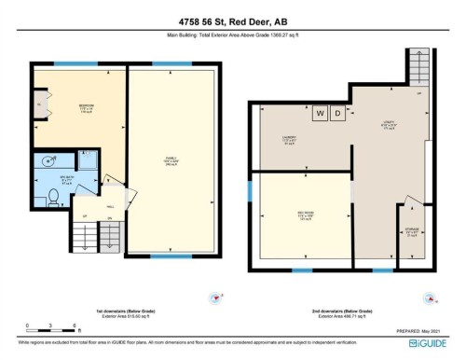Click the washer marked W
320,113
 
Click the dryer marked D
336,113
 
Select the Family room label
171,159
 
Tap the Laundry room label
289,142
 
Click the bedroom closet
38,105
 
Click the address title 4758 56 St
232,21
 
